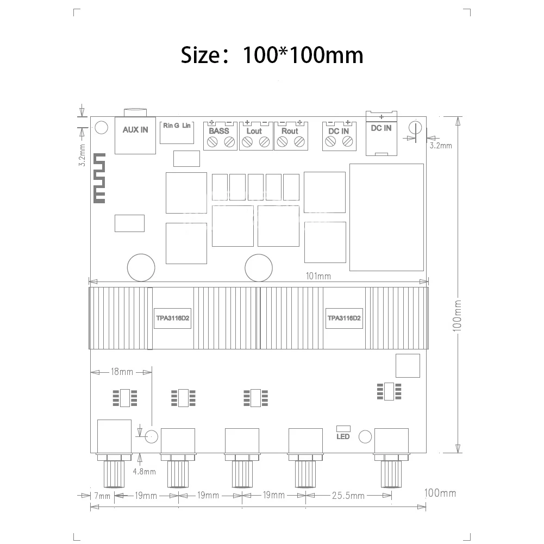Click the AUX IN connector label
(135, 130)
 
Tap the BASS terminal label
(219, 131)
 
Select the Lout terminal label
(254, 131)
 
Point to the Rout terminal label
(290, 131)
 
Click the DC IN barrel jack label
(381, 128)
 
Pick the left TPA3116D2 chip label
(172, 318)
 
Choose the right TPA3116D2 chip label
(344, 318)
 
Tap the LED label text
(343, 436)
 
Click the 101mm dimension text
(318, 276)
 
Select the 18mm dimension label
(122, 372)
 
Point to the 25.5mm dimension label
(348, 496)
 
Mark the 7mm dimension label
(102, 496)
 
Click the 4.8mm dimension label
(145, 472)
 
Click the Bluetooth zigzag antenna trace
(99, 178)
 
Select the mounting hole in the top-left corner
(101, 127)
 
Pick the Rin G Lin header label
(177, 126)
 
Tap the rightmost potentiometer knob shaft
(391, 474)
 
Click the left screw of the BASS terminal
(212, 142)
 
